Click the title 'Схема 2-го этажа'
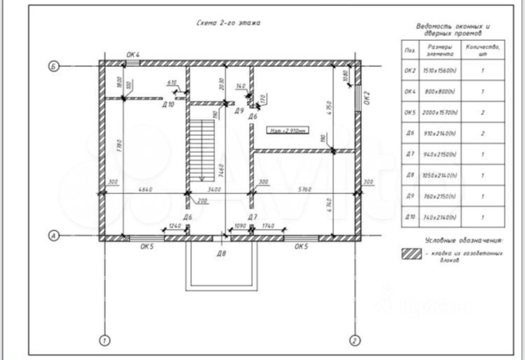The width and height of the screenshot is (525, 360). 227,23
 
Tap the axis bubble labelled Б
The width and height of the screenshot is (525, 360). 54,67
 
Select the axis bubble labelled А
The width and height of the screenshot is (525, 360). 54,236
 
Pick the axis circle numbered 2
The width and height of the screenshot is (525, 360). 356,340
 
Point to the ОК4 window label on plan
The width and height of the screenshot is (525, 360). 133,55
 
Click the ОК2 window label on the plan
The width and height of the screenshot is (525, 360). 367,98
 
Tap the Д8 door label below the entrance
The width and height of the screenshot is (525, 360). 221,253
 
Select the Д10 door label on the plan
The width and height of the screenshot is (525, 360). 168,104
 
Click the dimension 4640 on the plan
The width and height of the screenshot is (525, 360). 145,189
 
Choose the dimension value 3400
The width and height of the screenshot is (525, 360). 214,189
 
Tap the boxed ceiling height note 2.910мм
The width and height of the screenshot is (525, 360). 287,130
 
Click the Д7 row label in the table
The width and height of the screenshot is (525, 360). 409,154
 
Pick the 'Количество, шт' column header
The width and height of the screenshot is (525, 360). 483,50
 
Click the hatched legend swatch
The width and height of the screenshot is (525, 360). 411,254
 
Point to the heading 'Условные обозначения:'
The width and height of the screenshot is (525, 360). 464,240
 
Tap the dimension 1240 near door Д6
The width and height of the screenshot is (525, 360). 175,226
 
